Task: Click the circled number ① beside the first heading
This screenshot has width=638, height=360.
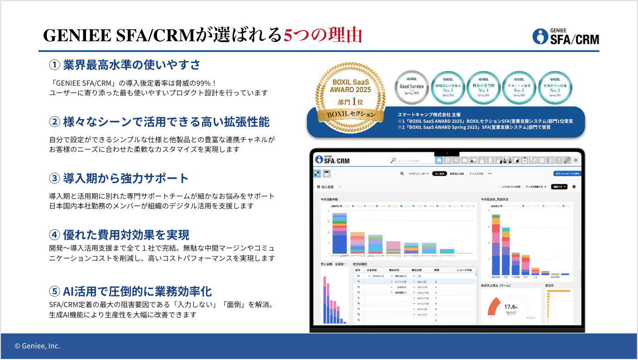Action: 55,64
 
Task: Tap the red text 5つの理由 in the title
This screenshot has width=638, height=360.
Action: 322,35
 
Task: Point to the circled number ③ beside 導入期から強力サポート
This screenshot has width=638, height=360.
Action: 55,178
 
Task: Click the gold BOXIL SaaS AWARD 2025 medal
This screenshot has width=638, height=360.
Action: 350,93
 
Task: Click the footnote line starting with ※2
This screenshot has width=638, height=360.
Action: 474,127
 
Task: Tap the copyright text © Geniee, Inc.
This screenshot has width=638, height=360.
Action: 38,346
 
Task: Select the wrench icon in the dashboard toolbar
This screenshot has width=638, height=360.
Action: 567,160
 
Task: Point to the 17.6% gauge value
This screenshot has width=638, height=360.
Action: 511,307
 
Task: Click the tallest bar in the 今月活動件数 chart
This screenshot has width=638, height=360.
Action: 340,234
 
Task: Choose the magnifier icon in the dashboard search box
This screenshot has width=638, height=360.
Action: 394,161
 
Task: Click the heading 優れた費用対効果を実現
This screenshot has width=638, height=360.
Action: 126,235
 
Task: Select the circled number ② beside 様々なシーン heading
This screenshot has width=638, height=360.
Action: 55,122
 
